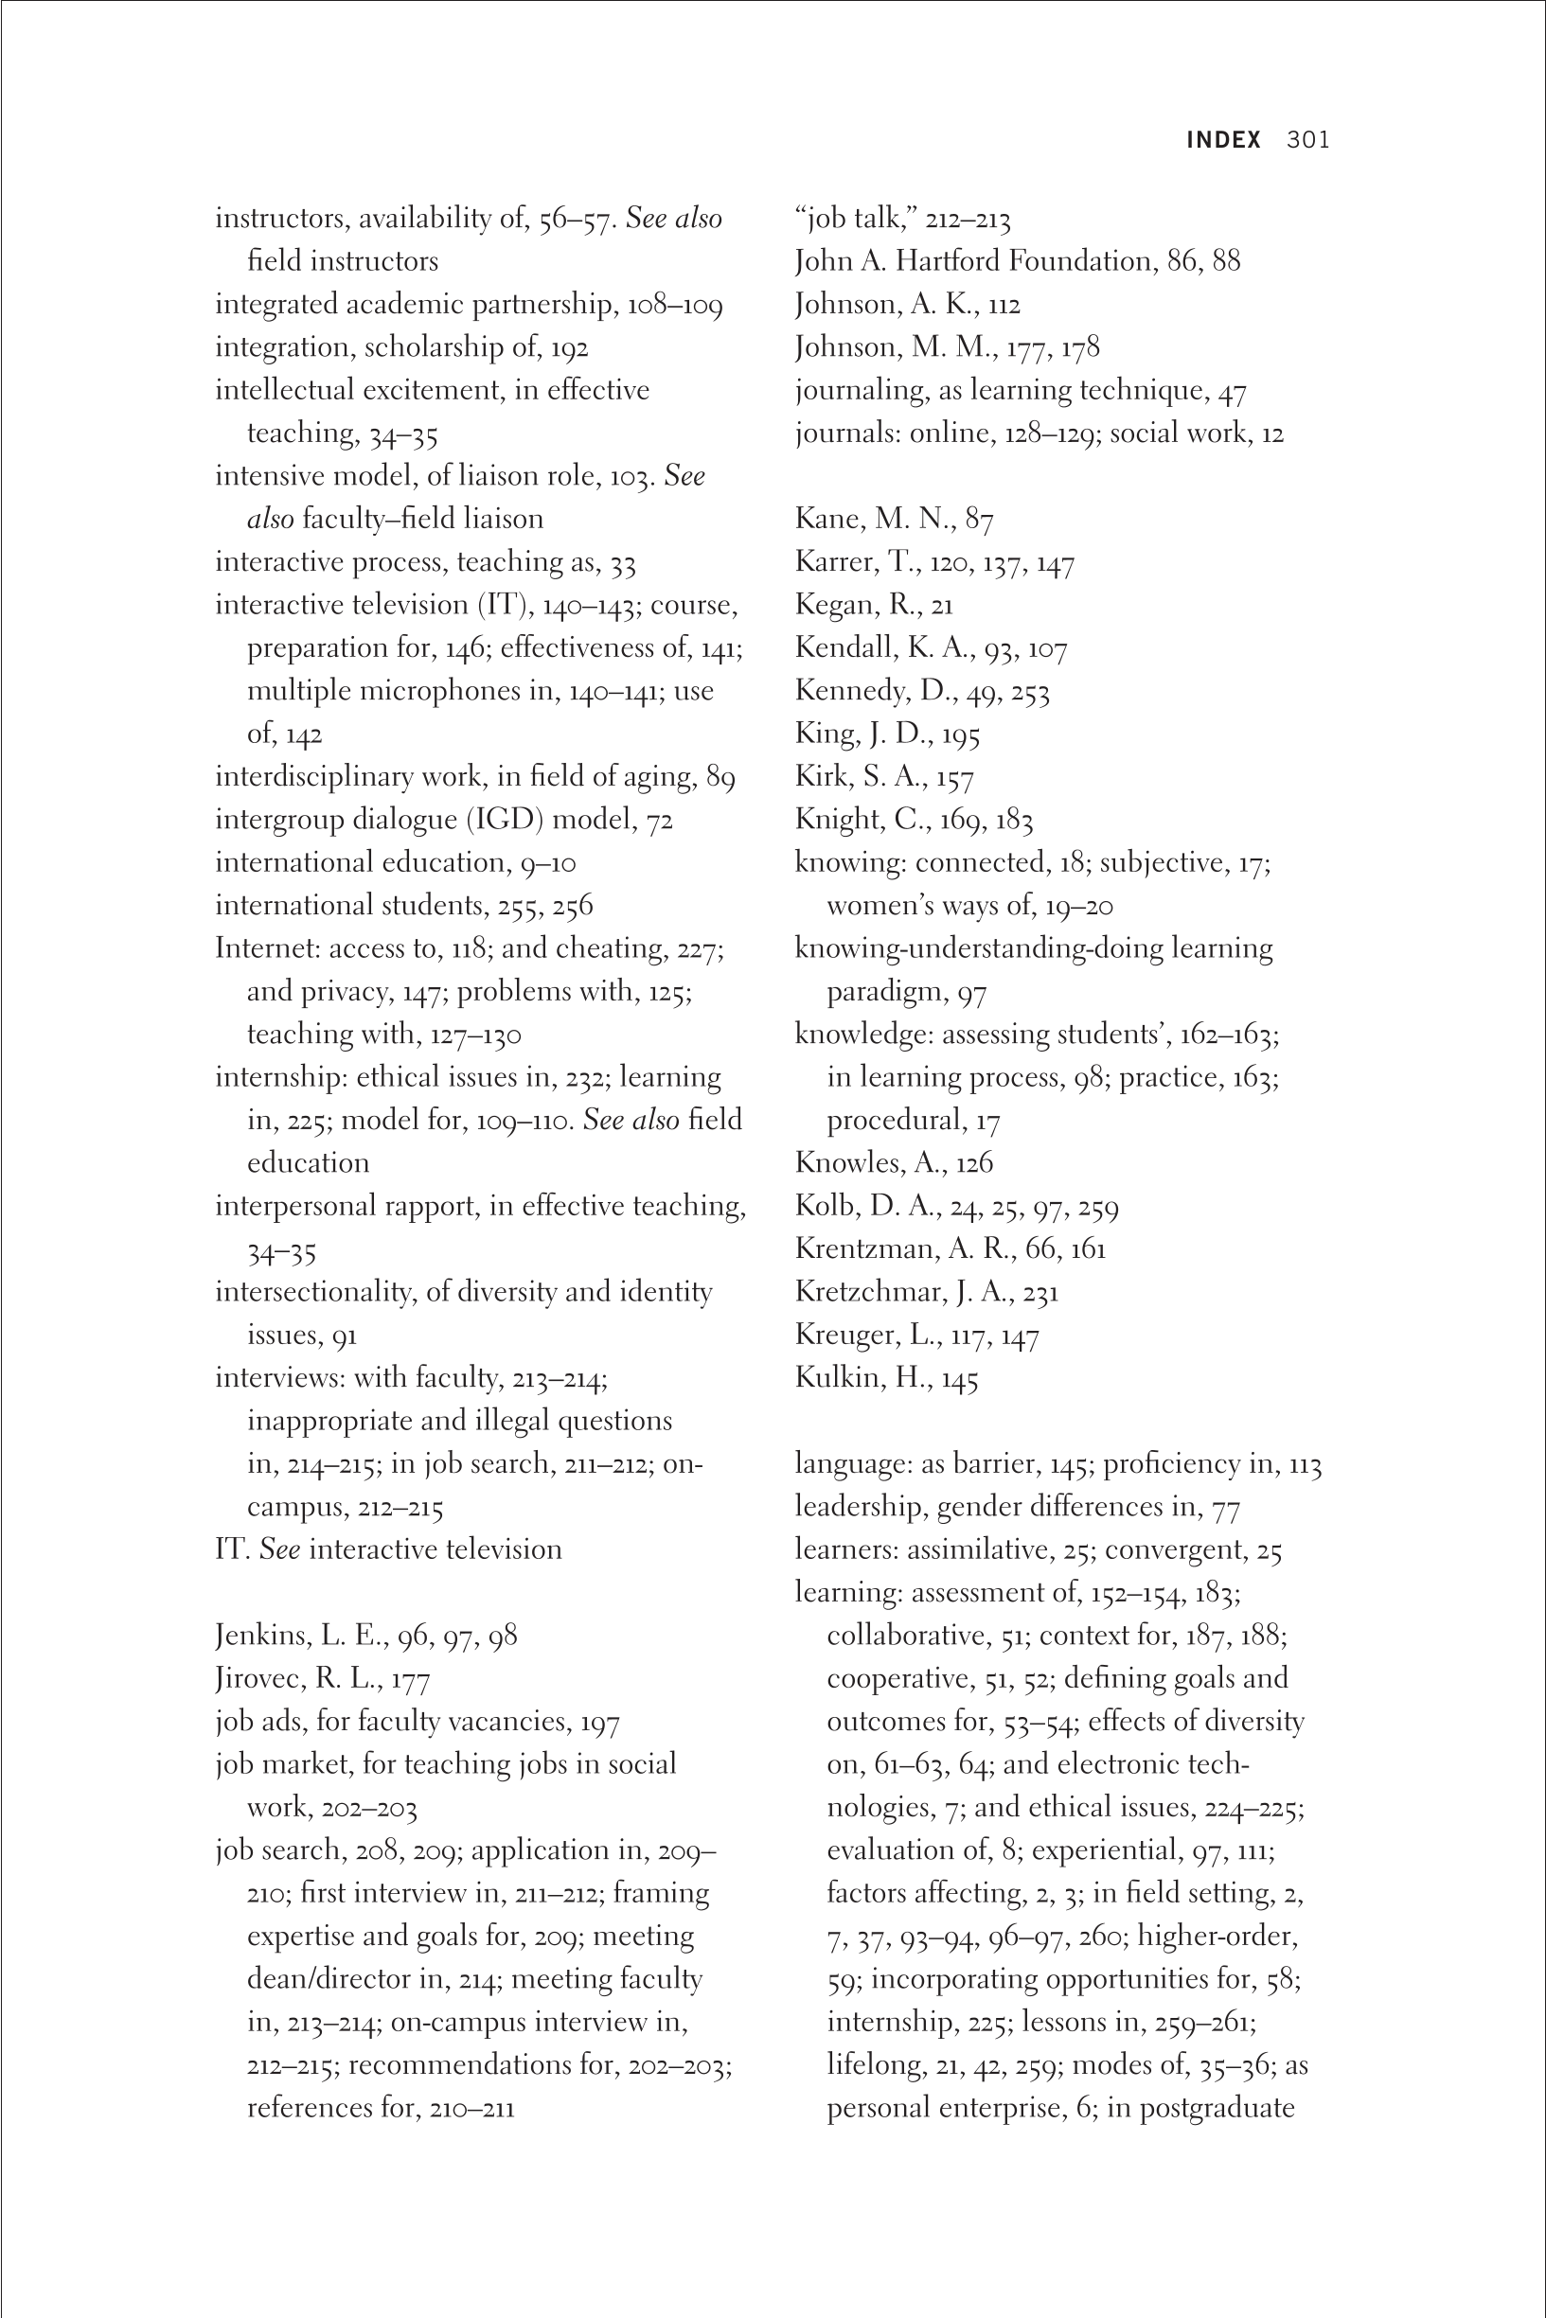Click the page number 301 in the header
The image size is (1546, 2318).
1307,140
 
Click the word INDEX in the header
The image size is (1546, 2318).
1222,140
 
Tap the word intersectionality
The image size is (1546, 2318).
314,1292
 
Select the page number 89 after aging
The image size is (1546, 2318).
720,778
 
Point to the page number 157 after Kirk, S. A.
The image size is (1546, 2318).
954,778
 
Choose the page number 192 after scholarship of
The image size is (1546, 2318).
569,348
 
